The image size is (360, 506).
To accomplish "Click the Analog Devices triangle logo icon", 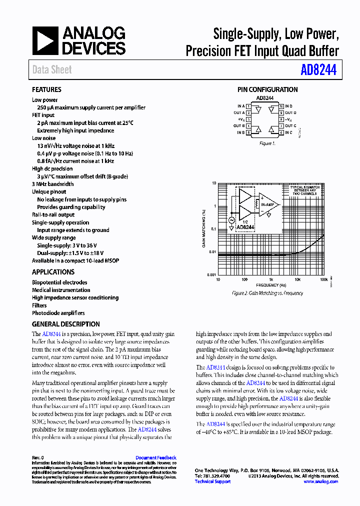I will pos(45,41).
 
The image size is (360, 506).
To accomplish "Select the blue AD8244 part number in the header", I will pos(318,70).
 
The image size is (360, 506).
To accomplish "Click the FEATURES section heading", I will pos(46,90).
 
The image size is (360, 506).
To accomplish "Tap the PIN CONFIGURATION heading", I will pos(267,90).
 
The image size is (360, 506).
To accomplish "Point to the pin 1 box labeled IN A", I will pos(248,106).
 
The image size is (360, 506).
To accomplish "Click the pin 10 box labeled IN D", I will pos(281,106).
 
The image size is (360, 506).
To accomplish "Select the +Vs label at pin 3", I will pos(241,119).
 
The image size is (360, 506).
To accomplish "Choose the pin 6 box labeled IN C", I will pos(281,132).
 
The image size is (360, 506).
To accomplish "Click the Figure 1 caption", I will pos(266,143).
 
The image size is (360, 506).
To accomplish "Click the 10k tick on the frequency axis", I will pos(297,280).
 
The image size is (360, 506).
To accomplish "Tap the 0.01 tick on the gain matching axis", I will pos(211,252).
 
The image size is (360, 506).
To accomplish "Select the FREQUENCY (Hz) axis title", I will pos(270,285).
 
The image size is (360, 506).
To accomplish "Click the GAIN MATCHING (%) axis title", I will pos(204,228).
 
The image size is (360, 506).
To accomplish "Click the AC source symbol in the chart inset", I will pos(231,220).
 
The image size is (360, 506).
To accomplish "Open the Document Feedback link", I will pos(156,457).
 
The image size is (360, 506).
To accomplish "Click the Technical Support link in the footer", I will pos(212,481).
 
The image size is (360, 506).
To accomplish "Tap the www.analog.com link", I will pos(321,481).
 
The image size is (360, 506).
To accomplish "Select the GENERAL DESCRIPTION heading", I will pos(66,324).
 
